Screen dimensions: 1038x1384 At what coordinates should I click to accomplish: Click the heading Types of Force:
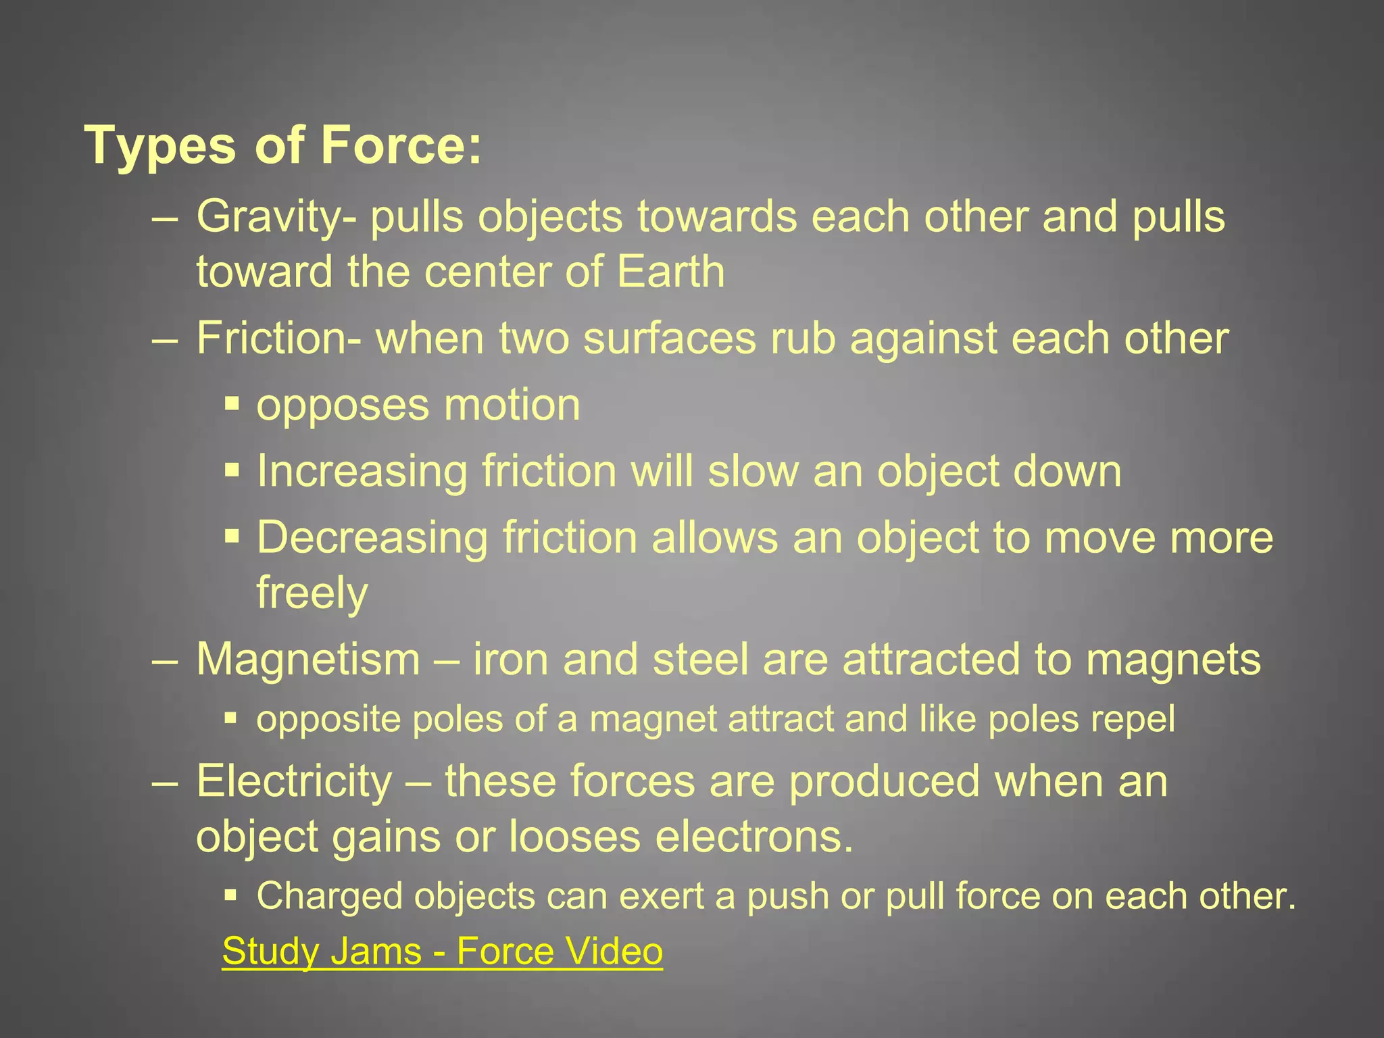point(283,145)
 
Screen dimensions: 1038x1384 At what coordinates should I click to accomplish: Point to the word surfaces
point(670,339)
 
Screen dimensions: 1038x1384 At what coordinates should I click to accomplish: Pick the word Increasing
point(362,472)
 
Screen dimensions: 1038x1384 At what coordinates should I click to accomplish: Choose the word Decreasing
point(372,539)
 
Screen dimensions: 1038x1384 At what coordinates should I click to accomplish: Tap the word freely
point(312,593)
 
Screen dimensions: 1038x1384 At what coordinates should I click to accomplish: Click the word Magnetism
point(308,660)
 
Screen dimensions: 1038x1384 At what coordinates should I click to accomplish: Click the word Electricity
point(294,781)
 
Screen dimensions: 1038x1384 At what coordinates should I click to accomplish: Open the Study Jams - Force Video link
point(443,951)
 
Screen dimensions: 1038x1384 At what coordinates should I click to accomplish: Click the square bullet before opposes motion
point(232,405)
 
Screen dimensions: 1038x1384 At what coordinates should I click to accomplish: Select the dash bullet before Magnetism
point(165,660)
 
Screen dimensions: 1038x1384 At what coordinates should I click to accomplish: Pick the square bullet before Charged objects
point(232,896)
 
